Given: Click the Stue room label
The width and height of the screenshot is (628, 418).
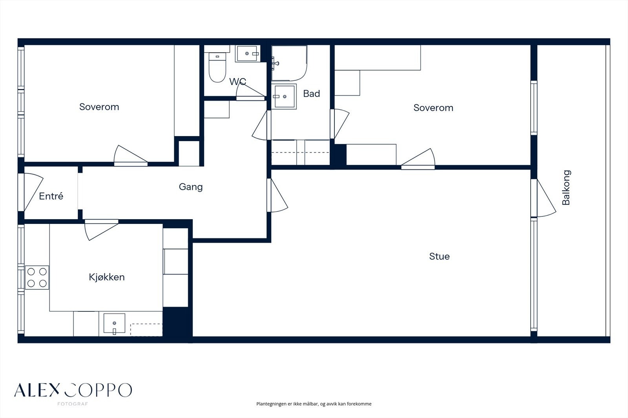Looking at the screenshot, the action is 439,256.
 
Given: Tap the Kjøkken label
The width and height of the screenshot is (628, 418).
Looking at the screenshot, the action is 107,277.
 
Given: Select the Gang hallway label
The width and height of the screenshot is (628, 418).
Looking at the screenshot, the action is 191,187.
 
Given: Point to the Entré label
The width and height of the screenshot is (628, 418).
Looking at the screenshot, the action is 51,196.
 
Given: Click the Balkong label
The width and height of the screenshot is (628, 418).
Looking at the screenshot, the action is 566,187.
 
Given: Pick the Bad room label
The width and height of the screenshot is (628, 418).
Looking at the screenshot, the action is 312,94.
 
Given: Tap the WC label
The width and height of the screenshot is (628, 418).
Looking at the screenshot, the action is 238,82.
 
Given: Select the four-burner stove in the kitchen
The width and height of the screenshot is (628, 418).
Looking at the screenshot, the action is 37,277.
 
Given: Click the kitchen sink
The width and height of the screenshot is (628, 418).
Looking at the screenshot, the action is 114,323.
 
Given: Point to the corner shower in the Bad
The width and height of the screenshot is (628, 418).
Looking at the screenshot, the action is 289,63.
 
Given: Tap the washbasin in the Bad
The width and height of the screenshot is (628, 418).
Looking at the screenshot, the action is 284,96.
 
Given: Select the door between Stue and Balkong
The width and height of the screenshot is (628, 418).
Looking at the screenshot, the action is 543,198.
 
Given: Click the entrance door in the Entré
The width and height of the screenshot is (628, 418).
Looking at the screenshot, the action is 31,192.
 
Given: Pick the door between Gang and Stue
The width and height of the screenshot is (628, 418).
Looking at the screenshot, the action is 277,195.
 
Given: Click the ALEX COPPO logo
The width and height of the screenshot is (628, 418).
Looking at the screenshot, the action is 73,390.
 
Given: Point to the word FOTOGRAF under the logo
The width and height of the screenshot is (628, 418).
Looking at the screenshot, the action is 73,404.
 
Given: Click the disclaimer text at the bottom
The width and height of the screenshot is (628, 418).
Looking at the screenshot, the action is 314,404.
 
